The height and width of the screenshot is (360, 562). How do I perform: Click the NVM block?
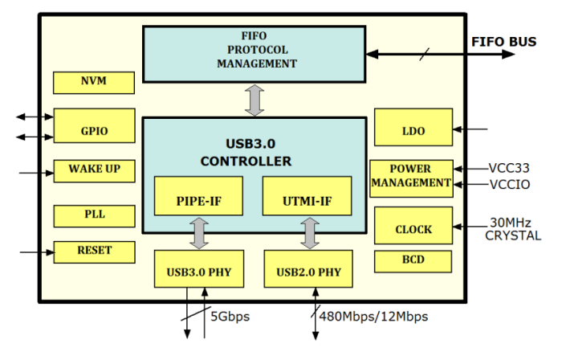point(93,82)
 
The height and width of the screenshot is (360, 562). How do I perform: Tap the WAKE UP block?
point(93,170)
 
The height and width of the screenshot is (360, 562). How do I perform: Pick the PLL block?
point(93,215)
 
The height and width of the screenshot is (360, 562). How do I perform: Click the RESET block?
point(93,252)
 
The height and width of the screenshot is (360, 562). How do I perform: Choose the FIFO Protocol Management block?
point(254,52)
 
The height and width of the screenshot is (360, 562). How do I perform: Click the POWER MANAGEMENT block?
point(411,177)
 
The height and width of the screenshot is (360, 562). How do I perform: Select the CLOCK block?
point(412,228)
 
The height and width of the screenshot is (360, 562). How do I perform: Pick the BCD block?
point(412,261)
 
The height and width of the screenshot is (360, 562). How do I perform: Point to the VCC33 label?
point(509,169)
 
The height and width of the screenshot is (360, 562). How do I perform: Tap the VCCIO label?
point(509,185)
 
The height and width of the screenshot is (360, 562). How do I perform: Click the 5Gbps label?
point(230,316)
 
